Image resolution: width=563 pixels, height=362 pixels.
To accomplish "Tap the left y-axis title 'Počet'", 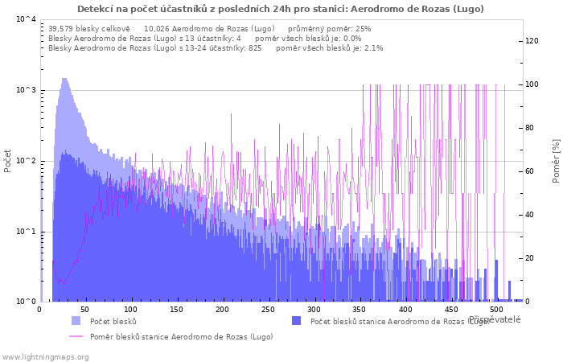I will tap(8, 160).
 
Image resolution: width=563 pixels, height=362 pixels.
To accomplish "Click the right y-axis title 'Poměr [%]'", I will tap(556, 160).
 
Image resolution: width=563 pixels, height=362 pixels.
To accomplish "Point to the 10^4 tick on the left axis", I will tap(26, 19).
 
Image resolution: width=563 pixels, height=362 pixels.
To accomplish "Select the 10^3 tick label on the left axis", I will tap(26, 90).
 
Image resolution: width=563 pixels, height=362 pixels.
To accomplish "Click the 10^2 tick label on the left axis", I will tap(26, 161).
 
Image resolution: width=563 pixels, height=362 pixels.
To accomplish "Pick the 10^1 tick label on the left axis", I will tap(26, 232).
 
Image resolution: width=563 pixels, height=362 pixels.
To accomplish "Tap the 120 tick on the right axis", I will tap(532, 41).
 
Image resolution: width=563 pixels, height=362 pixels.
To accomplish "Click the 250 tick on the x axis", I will tap(268, 309).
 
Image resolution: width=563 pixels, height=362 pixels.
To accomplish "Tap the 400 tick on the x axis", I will tap(405, 309).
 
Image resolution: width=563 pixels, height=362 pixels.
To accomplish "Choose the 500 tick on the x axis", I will tap(496, 309).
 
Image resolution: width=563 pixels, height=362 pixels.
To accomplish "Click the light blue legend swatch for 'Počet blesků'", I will tap(76, 321).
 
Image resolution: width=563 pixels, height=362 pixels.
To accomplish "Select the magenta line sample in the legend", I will tap(76, 336).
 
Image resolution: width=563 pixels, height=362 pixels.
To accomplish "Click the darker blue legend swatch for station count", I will tap(296, 321).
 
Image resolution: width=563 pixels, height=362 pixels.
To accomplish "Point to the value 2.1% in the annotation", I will tap(373, 48).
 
